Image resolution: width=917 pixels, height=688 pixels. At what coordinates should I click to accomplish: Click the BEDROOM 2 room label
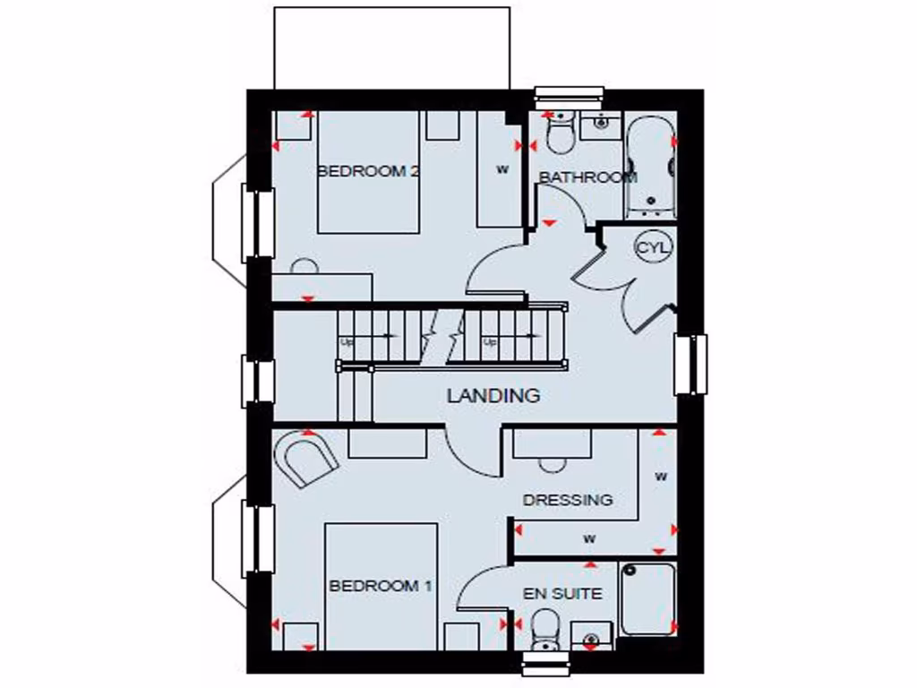tap(369, 171)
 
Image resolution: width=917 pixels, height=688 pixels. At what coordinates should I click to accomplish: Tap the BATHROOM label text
tap(587, 177)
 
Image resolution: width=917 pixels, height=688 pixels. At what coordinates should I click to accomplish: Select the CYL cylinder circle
tap(653, 246)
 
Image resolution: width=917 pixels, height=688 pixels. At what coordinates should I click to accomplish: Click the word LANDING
tap(493, 395)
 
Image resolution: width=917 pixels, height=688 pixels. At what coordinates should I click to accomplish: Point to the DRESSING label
tap(568, 500)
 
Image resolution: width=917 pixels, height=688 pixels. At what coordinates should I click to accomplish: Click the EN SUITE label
tap(562, 593)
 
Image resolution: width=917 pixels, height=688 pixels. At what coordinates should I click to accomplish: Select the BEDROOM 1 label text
tap(381, 586)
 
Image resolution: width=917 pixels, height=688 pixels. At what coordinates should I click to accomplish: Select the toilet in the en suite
tap(544, 630)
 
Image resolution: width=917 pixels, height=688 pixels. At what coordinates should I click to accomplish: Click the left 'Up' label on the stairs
tap(345, 342)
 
